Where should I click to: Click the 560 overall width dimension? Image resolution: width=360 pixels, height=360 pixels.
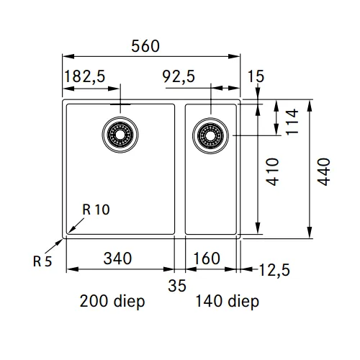(145, 46)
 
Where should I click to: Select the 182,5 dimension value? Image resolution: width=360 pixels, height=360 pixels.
(85, 76)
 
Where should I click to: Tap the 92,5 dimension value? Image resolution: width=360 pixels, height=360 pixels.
(179, 76)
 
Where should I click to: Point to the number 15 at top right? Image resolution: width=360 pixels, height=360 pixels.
(256, 76)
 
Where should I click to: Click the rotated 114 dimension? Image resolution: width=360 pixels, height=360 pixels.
(292, 122)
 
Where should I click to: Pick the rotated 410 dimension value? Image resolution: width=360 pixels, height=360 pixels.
(273, 172)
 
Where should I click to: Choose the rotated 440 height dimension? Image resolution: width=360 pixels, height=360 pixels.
(324, 172)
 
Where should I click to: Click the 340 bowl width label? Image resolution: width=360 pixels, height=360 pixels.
(117, 258)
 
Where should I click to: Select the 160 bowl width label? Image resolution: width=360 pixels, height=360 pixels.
(207, 258)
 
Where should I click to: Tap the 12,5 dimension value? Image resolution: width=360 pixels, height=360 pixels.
(274, 270)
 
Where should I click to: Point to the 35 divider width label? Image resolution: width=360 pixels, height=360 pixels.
(177, 286)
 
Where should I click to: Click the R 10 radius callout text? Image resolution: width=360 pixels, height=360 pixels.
(96, 210)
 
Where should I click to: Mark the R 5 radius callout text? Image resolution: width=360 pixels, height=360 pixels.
(42, 261)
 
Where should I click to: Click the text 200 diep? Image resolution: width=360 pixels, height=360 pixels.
(112, 302)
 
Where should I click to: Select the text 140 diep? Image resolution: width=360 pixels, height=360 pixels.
(228, 302)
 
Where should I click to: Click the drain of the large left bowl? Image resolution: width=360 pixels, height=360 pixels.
(120, 135)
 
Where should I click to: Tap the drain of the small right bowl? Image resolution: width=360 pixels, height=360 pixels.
(210, 136)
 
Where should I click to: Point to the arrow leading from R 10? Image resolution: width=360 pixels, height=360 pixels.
(76, 225)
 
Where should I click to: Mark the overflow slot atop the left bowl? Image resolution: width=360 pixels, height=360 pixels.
(120, 104)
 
